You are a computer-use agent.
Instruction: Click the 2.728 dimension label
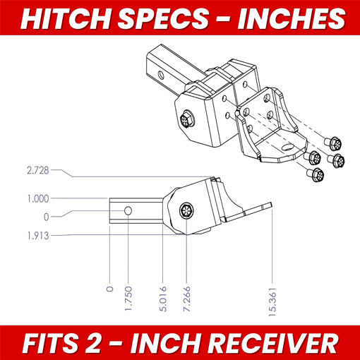point(38,170)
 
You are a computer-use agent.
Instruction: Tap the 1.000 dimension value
point(38,199)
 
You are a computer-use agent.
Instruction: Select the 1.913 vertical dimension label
point(38,236)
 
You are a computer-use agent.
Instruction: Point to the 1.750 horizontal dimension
point(128,298)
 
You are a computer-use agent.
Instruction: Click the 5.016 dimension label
point(163,299)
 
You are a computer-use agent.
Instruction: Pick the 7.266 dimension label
point(186,299)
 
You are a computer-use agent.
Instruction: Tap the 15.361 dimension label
point(272,301)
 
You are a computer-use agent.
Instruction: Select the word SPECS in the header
point(163,19)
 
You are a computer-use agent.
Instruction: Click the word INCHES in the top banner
point(291,19)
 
